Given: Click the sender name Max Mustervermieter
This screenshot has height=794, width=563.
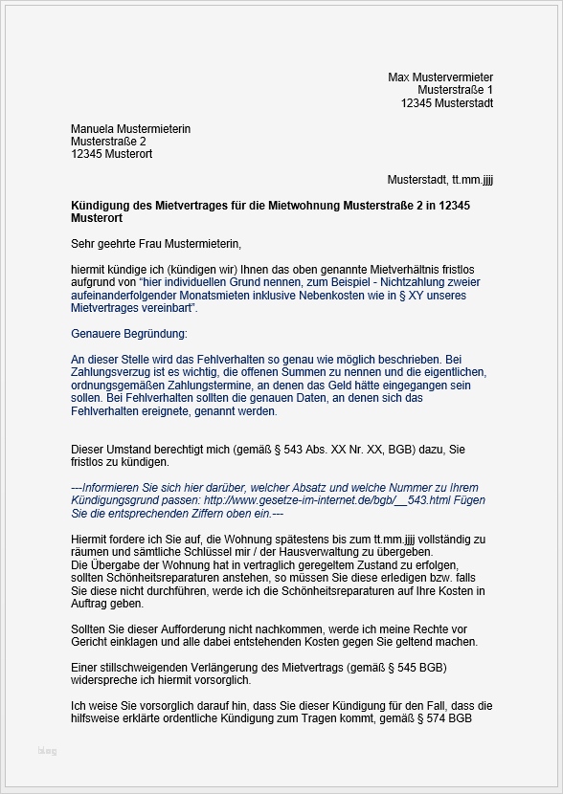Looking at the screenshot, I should coord(440,77).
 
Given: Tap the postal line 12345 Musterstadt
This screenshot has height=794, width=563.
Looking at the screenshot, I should coord(447,103).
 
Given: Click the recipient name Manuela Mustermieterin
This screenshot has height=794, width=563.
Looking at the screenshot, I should coord(130,128).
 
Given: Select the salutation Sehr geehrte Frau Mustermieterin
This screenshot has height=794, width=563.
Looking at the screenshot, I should coord(156,244).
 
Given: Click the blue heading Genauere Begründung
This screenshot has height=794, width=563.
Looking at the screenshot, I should coord(129,333).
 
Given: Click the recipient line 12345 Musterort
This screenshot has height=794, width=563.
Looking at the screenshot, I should coord(111,154).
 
